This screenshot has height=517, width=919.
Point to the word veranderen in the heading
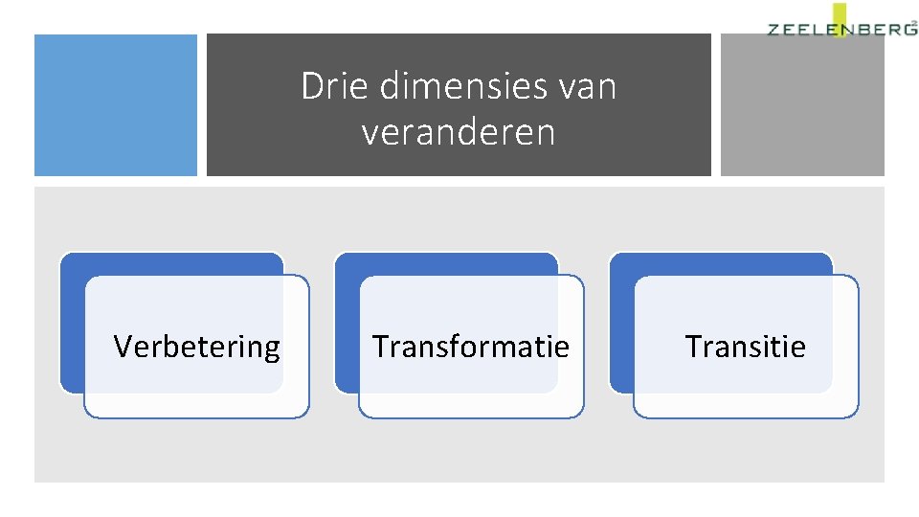click(x=459, y=132)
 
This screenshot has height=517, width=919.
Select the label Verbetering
click(x=196, y=346)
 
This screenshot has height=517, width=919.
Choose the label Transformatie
click(x=470, y=346)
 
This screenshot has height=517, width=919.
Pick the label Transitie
click(x=745, y=346)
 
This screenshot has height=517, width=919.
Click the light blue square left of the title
click(x=116, y=105)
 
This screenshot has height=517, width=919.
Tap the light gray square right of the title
click(x=802, y=105)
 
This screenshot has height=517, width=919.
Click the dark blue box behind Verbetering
click(x=73, y=326)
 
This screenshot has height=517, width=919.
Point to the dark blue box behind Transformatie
click(x=347, y=326)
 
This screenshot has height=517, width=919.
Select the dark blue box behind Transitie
click(x=621, y=326)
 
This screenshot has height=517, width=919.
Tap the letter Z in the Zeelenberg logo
click(x=774, y=30)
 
